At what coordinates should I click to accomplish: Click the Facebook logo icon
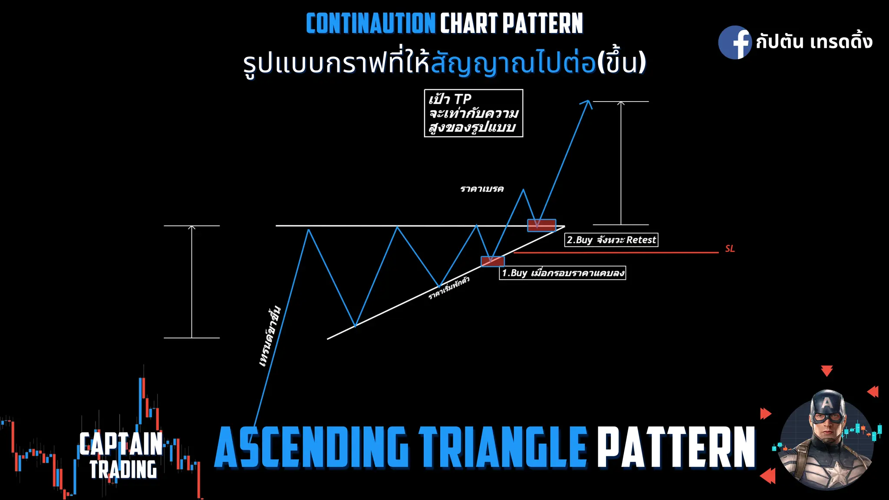735,42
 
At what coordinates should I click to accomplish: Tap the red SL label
730,249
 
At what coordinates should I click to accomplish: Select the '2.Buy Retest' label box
611,240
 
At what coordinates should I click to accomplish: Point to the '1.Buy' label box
563,273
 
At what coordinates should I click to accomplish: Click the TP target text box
473,113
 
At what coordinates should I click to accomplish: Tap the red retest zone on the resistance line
541,225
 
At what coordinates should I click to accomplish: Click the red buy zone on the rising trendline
493,261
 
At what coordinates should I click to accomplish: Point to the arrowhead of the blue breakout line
587,103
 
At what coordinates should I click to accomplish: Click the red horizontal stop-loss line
616,252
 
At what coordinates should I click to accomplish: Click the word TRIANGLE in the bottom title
503,447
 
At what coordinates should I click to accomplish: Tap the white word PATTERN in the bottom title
676,447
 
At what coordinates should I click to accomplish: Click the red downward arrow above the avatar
826,371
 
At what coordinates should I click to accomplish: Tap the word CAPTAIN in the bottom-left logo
121,444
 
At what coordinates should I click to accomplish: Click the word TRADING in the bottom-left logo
123,470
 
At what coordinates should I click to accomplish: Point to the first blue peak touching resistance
309,230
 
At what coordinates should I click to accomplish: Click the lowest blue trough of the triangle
355,326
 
